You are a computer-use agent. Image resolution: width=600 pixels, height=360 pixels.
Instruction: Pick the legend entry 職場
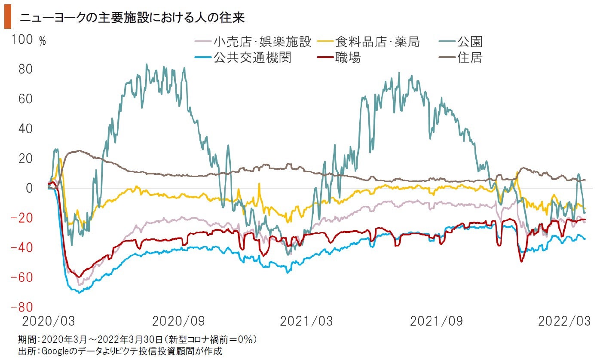[348, 57]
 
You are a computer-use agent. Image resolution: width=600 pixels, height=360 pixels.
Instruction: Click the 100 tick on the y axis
[22, 40]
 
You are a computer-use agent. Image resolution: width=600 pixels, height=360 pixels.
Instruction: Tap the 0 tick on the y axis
[29, 188]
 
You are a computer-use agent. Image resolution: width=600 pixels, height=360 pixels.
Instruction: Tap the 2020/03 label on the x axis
[48, 321]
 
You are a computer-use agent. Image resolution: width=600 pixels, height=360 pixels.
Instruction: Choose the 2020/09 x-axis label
[178, 321]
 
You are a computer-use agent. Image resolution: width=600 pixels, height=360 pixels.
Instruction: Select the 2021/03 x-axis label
[306, 321]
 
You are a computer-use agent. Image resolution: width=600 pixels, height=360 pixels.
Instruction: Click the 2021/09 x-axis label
[436, 321]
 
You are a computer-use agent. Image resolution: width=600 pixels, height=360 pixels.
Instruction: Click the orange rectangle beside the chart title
[8, 18]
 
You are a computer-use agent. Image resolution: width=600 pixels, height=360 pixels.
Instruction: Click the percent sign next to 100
[42, 41]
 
